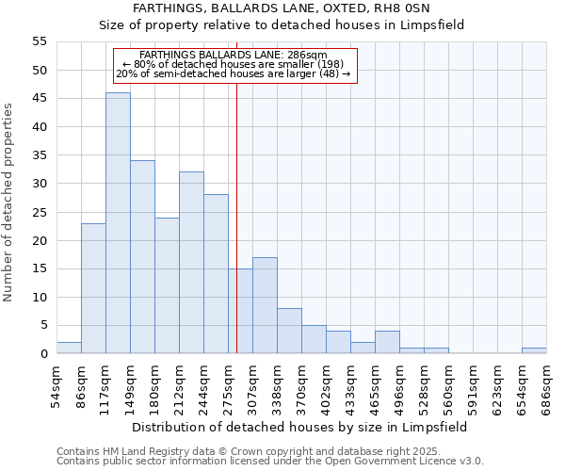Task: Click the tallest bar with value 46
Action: (x=118, y=223)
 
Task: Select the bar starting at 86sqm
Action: (x=93, y=288)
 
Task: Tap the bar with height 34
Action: (x=142, y=257)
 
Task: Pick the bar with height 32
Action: (x=191, y=263)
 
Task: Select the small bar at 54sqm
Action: (x=69, y=348)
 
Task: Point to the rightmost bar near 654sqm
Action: (x=534, y=350)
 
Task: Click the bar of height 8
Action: (x=289, y=331)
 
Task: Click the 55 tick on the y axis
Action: (x=40, y=41)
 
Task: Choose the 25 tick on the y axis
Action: (x=40, y=212)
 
